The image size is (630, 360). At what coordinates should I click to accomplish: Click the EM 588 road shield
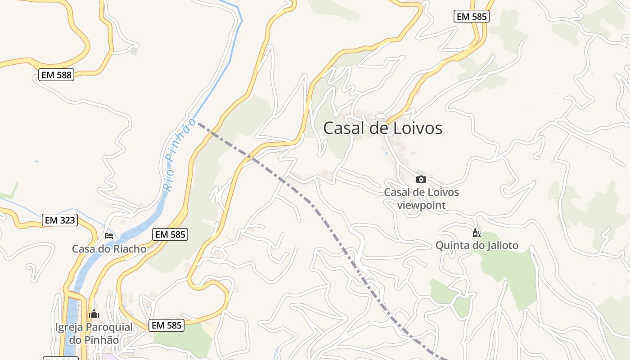(56, 75)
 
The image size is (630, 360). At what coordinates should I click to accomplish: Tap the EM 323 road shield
(60, 220)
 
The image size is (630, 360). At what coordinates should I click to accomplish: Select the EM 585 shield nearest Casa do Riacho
(170, 234)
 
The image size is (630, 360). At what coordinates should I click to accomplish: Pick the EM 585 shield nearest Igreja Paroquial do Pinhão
(167, 325)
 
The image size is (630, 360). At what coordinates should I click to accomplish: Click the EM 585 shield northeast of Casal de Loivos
(471, 17)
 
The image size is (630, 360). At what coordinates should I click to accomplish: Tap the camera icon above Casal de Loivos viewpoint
(421, 179)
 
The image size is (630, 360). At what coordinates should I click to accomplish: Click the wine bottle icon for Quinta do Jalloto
(477, 233)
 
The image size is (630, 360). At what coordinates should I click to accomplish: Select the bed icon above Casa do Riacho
(109, 235)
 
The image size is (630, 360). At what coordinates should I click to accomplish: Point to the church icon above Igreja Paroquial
(94, 314)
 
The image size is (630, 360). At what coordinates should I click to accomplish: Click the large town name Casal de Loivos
(382, 128)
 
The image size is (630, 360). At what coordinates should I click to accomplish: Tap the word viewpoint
(421, 205)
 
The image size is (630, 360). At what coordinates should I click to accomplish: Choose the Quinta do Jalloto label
(477, 245)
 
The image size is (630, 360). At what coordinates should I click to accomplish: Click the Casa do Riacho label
(109, 249)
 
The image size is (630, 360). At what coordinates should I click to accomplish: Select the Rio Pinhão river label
(179, 155)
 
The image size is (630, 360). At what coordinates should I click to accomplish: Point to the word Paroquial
(109, 327)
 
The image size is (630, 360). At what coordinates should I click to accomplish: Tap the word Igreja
(69, 327)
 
